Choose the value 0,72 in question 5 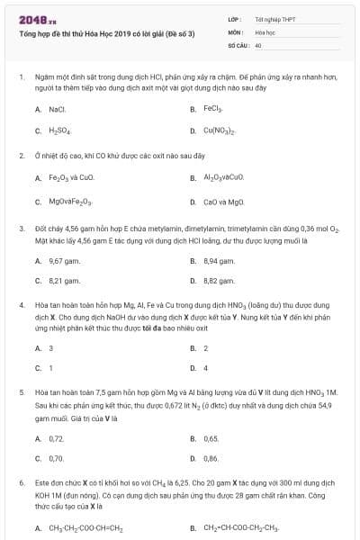[x=57, y=438]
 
